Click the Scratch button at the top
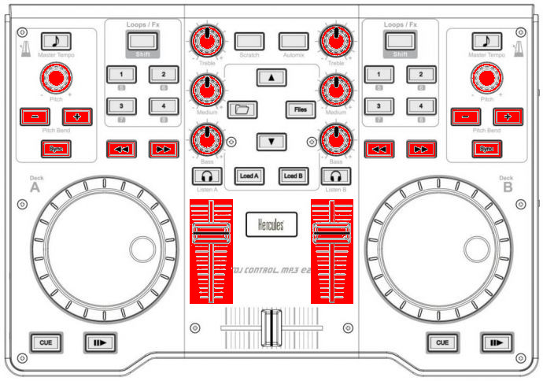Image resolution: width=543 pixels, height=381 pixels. (x=249, y=40)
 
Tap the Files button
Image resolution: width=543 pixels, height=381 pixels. (x=300, y=109)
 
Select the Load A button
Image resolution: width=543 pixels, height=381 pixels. (x=249, y=175)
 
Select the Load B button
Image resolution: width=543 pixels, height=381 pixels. (x=293, y=175)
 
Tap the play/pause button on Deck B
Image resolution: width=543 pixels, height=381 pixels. (x=497, y=342)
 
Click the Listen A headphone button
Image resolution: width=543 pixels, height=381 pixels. (x=207, y=175)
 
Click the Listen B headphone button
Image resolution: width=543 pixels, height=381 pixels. (x=336, y=175)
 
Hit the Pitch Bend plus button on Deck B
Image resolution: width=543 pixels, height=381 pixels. (x=508, y=117)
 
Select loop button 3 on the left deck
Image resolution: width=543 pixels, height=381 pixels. (x=121, y=105)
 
